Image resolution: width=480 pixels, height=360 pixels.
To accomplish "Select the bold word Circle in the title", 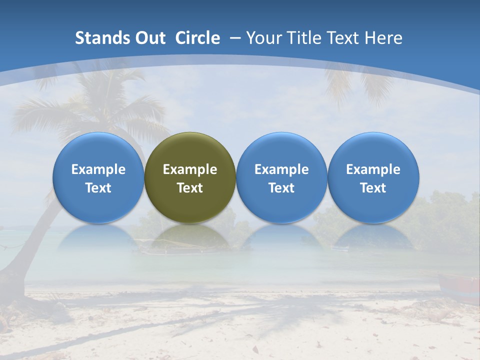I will coord(197,38).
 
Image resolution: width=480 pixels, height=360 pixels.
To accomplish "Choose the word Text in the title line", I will coord(343,38).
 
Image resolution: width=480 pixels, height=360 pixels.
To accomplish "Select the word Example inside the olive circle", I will coord(190,169).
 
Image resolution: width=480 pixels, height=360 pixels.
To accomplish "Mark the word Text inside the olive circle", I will coord(190,188).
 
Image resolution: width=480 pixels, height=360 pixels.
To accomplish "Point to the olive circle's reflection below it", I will coord(190,237).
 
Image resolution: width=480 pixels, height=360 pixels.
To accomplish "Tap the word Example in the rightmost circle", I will coord(373,169).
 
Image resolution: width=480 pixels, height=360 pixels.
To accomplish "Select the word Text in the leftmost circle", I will coord(98,188).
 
